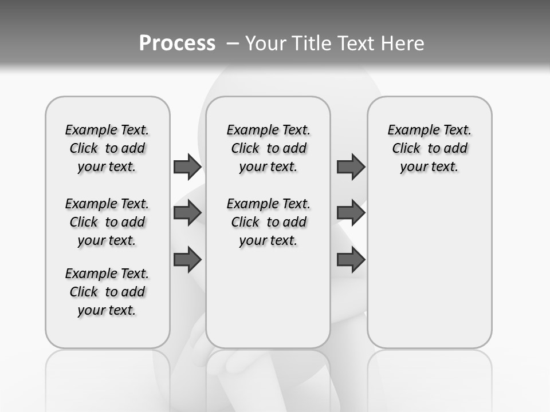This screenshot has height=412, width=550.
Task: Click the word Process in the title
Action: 177,43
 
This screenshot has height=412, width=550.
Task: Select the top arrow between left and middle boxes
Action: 187,167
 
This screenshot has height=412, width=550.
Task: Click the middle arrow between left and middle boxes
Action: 187,213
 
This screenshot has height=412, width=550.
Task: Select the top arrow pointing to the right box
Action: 351,167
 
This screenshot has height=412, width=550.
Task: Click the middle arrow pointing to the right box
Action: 351,213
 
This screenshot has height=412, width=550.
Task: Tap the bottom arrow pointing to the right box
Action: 351,259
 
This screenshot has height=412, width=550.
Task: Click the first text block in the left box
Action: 107,148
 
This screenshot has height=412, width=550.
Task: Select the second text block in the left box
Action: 107,222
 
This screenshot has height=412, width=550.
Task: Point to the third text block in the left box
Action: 107,292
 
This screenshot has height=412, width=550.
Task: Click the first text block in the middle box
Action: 268,148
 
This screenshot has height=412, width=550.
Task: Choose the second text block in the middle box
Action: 268,222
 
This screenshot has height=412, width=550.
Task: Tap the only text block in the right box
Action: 429,148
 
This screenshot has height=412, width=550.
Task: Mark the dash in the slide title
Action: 233,43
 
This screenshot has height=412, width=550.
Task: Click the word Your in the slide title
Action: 265,43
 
